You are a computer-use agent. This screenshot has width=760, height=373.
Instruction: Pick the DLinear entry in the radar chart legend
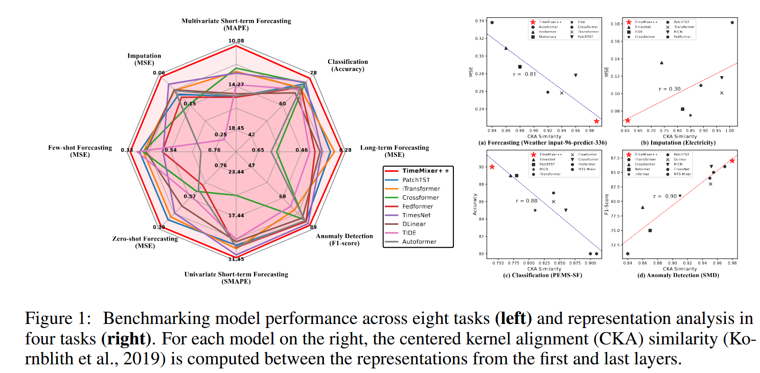[x=414, y=224]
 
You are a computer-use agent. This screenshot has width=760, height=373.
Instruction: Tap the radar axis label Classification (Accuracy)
[x=348, y=65]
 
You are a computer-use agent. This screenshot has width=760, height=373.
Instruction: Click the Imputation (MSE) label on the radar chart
[x=144, y=59]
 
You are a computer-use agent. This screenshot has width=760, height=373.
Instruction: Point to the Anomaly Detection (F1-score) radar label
[x=337, y=240]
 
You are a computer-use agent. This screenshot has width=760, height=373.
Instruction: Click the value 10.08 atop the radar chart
[x=236, y=41]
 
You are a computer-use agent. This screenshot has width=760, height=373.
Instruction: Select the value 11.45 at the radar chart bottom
[x=236, y=260]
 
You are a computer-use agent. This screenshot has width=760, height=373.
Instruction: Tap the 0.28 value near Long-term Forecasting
[x=345, y=150]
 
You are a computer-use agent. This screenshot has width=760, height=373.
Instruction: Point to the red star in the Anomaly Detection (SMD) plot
[x=732, y=161]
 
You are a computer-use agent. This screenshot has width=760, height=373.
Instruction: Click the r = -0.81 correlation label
[x=524, y=75]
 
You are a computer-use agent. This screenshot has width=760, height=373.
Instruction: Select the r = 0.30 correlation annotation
[x=670, y=89]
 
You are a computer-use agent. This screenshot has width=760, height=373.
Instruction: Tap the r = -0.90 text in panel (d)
[x=664, y=196]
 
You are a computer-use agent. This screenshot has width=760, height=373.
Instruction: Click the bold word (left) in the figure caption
[x=513, y=319]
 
